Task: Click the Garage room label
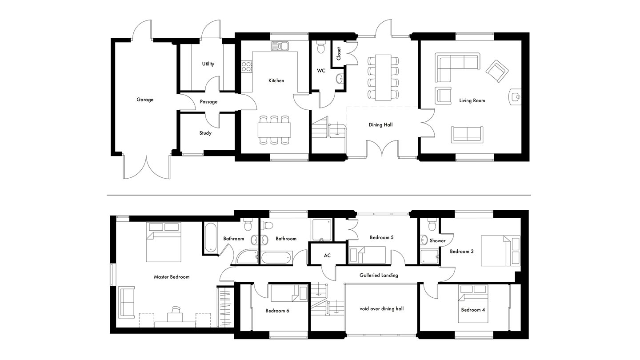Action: click(x=145, y=100)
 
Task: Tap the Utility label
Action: click(x=208, y=64)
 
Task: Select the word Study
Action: click(x=205, y=133)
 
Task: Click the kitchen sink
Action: click(x=280, y=46)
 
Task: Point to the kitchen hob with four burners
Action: click(x=247, y=66)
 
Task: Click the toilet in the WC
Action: click(x=321, y=47)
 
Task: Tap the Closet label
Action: click(x=339, y=54)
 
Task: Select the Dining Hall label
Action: click(x=380, y=125)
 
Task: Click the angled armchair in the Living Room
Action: click(x=497, y=71)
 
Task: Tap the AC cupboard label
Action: click(x=327, y=256)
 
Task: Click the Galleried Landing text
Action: click(x=379, y=276)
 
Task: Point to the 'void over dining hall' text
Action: click(x=382, y=309)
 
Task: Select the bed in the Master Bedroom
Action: click(x=164, y=242)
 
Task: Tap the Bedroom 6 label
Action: click(x=277, y=311)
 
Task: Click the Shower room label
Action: click(x=437, y=241)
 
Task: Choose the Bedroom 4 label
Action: click(x=473, y=310)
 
